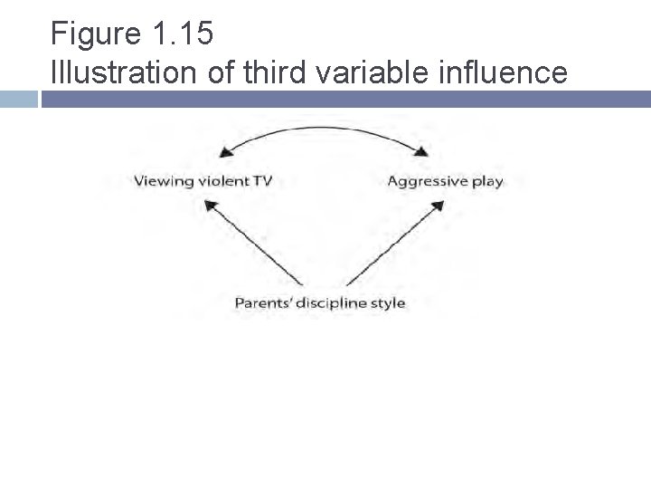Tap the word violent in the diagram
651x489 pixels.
(x=222, y=180)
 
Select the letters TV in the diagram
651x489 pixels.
(x=262, y=180)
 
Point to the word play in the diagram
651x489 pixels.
(x=487, y=181)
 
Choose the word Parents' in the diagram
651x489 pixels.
(x=263, y=302)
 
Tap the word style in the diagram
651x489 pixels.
(x=389, y=302)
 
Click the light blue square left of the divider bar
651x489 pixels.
(x=18, y=98)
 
